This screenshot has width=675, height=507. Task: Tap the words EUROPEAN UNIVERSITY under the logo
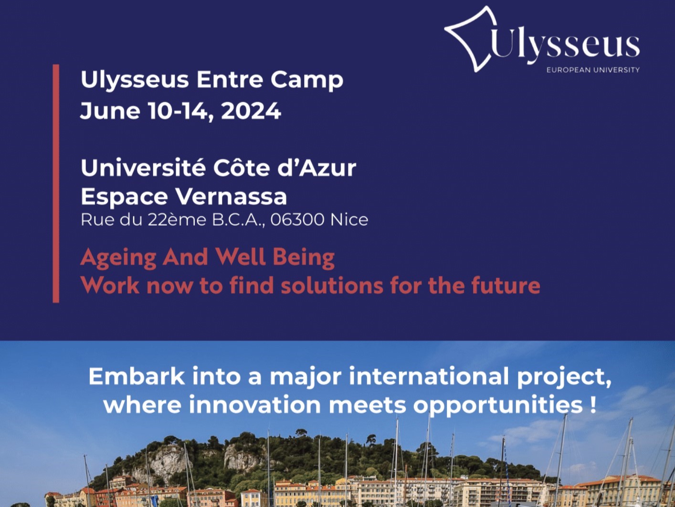tap(593, 70)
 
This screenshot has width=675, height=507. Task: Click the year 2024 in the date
tap(251, 111)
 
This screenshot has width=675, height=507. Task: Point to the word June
tap(110, 111)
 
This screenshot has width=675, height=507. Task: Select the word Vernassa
tap(231, 196)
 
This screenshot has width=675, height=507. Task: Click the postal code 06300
tap(297, 220)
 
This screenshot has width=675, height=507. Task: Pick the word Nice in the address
tap(349, 220)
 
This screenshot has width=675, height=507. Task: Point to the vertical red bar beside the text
tap(56, 183)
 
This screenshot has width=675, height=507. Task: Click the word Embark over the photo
tap(137, 376)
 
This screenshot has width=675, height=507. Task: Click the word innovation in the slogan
tap(255, 405)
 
